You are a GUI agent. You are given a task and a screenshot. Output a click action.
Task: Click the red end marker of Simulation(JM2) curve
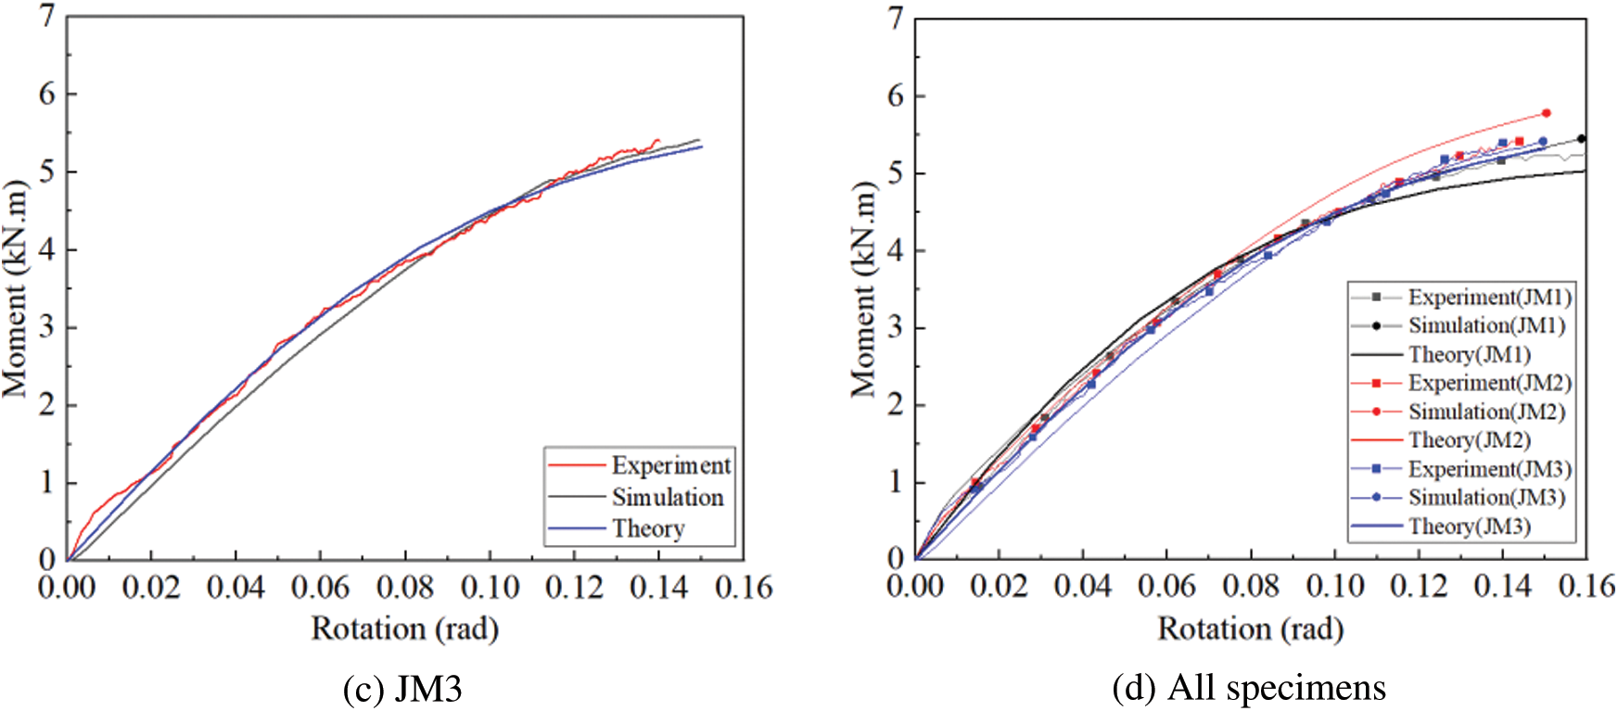coord(1546,113)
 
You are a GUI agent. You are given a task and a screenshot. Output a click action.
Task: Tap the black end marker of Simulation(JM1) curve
coord(1581,139)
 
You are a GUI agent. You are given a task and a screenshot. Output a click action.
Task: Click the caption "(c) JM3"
coord(402,689)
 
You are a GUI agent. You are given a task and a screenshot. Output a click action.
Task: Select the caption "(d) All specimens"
coord(1249,688)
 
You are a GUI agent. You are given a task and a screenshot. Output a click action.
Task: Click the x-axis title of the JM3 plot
coord(405,628)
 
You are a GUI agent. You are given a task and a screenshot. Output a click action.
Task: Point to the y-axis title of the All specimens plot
coord(863,288)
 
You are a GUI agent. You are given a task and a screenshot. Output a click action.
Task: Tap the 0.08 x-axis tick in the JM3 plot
coord(405,587)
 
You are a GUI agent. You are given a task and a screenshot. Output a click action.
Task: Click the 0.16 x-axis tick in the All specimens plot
coord(1586,586)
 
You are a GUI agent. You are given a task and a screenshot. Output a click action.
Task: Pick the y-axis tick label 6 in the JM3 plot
coord(47,94)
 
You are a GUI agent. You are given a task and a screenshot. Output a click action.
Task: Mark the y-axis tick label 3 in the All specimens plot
coord(896,328)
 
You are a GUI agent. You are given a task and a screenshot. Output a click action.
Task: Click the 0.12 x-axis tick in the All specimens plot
coord(1419,586)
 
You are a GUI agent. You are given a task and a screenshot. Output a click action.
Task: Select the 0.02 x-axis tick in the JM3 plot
coord(151,587)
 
